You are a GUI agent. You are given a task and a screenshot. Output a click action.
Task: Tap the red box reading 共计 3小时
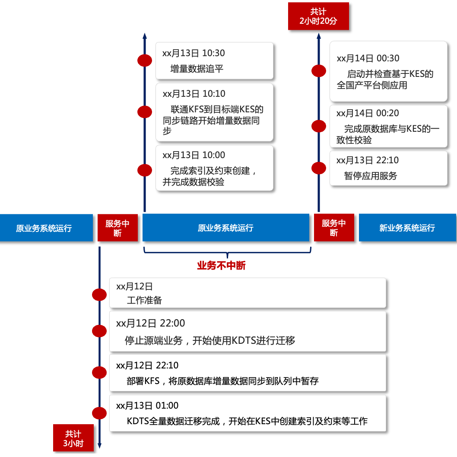[73, 438]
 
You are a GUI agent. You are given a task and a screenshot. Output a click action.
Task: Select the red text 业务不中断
[221, 266]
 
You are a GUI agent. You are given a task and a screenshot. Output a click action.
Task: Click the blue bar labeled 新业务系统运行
[407, 228]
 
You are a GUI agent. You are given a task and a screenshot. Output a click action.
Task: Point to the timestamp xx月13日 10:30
[194, 53]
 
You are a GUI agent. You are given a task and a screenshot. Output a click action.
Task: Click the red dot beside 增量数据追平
[144, 61]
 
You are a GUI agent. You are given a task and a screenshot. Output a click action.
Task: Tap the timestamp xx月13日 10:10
[194, 94]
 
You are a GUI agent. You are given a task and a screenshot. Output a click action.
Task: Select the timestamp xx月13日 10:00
[194, 155]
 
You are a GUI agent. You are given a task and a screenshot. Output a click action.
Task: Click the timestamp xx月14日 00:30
[368, 58]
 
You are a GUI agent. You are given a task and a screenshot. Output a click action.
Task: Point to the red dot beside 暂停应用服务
[319, 168]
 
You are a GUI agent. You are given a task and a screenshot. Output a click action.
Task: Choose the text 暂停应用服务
[370, 176]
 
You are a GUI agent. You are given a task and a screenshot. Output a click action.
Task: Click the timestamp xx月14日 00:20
[368, 113]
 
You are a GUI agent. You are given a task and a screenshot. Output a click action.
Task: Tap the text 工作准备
[144, 300]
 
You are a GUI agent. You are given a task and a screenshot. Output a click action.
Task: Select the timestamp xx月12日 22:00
[150, 323]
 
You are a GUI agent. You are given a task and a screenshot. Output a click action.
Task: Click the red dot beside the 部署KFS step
[99, 372]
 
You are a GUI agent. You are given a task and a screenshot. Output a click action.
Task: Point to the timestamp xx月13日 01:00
[147, 405]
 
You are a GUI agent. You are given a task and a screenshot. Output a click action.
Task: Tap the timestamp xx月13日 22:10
[368, 160]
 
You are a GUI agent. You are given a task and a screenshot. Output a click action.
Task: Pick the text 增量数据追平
[197, 69]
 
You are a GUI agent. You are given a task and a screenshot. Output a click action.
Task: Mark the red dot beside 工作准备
[99, 295]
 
